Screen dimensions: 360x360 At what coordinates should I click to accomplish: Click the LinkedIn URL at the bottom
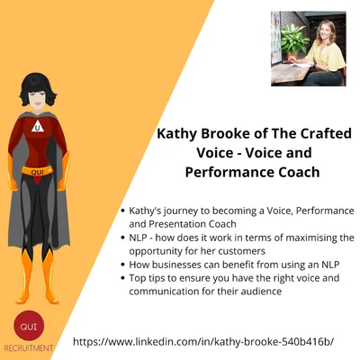tap(215, 342)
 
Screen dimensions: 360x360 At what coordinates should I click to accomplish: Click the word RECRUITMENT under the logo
tap(28, 347)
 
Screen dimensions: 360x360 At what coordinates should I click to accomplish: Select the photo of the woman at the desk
tap(308, 49)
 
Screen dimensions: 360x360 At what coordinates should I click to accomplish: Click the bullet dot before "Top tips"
tap(121, 279)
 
